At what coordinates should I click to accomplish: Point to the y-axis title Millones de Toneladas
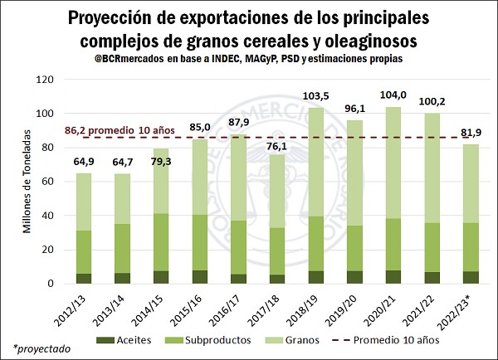pyautogui.click(x=27, y=182)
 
